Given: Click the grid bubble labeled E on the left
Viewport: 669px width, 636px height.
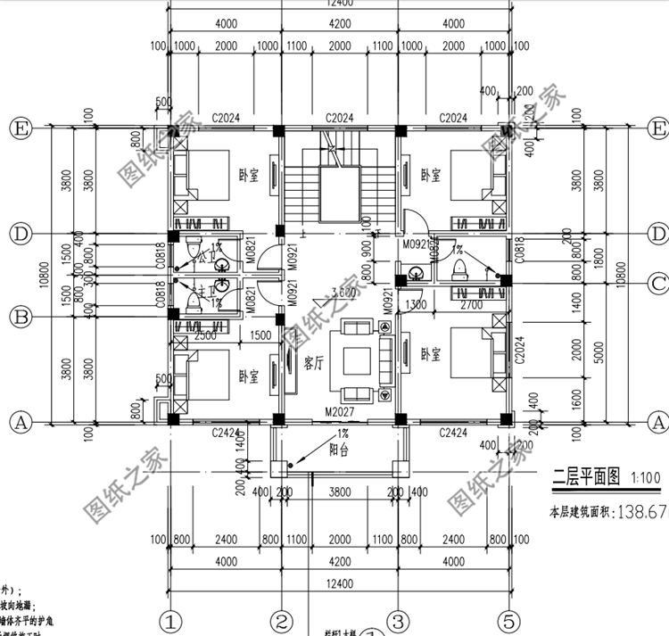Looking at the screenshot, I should pos(20,129).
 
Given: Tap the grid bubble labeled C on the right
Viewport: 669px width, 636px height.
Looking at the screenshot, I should pos(657,284).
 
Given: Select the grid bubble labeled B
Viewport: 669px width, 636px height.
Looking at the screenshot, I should pos(20,317).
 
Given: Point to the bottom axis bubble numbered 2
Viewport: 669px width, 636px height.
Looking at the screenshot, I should pos(281,620).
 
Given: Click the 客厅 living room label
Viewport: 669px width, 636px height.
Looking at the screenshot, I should pos(314,363).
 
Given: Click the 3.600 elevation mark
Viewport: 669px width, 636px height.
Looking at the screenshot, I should pos(343,292).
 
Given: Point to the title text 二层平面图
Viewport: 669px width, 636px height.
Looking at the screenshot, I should pos(585,477).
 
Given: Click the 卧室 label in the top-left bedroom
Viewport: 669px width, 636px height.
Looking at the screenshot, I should pos(248,175).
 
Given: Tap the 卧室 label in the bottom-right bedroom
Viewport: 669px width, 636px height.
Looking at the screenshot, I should pos(431,353).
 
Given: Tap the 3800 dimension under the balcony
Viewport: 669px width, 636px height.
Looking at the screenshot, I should pos(339,491).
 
